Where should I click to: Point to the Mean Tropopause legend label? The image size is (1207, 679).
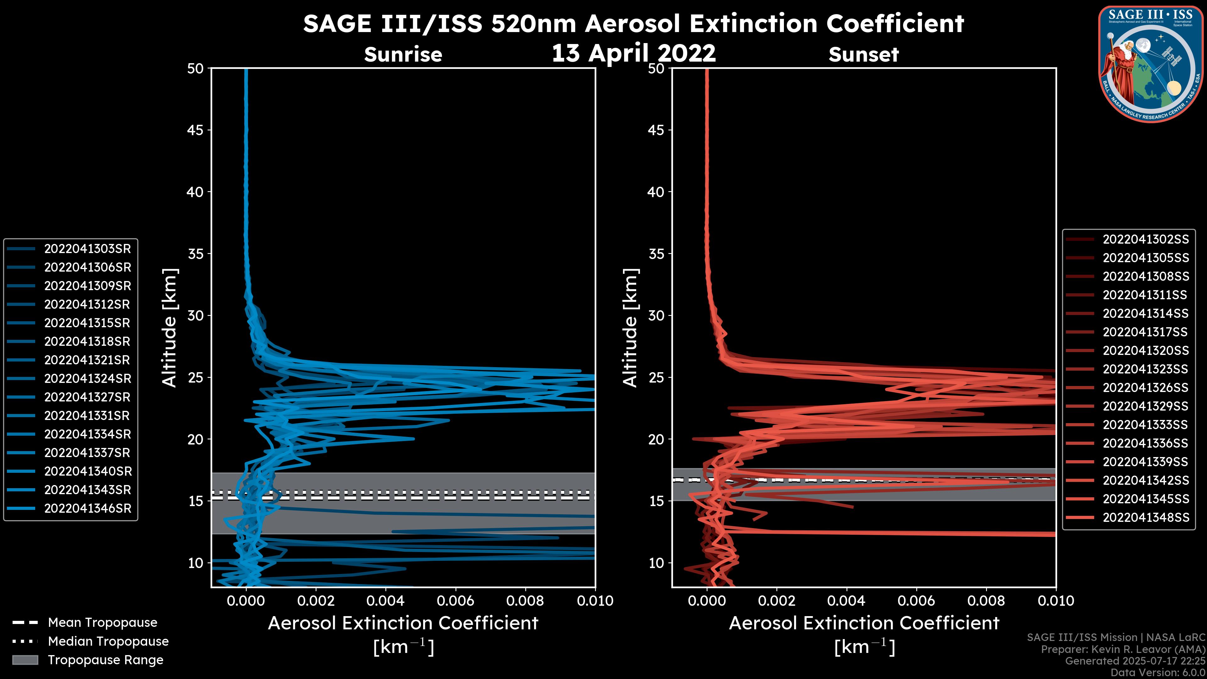click(x=102, y=623)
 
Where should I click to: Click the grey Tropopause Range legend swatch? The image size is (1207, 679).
click(x=25, y=660)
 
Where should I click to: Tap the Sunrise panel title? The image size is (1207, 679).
click(x=403, y=55)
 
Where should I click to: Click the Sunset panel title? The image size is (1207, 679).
click(x=863, y=55)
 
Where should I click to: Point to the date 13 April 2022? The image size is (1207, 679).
click(x=633, y=53)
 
